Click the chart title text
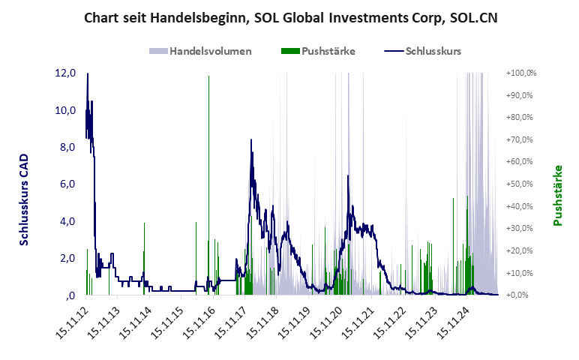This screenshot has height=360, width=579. click(x=289, y=17)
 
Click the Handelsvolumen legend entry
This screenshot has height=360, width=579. click(x=200, y=52)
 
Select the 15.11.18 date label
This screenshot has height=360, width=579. click(x=263, y=323)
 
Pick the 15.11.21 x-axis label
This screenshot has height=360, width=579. click(x=359, y=323)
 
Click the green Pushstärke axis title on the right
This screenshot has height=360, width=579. click(x=558, y=195)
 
